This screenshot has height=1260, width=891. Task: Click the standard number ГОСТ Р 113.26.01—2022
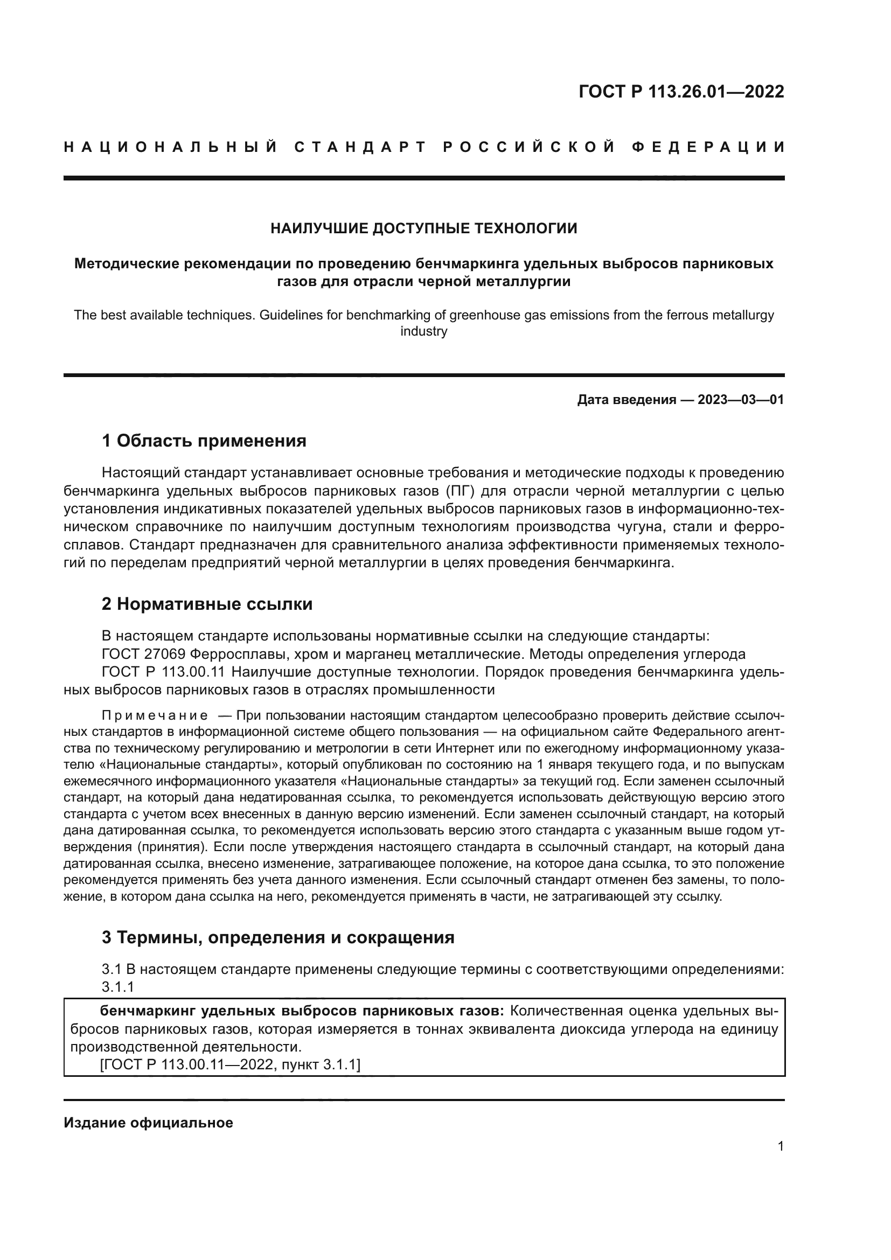tap(681, 92)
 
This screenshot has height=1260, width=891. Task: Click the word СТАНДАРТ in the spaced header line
tap(360, 147)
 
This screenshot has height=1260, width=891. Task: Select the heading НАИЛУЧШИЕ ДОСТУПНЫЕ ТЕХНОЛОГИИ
tap(423, 229)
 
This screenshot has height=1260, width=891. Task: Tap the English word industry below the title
tap(423, 331)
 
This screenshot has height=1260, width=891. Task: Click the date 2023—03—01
tap(741, 400)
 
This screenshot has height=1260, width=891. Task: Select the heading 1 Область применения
tap(204, 441)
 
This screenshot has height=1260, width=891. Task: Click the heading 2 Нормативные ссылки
tap(207, 604)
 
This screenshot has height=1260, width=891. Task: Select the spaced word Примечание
tap(155, 715)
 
